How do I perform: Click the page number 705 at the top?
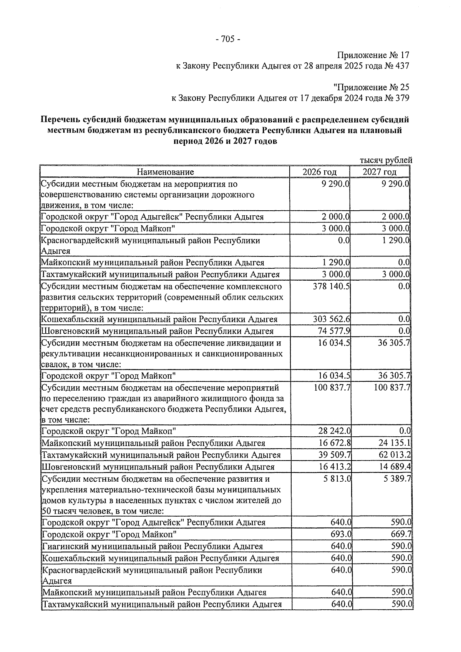[228, 39]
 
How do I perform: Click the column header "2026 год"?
[319, 172]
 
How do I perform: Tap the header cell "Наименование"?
[166, 172]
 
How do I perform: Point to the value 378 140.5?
[331, 286]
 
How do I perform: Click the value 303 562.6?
[331, 319]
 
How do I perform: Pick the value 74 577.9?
[333, 331]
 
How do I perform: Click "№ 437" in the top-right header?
[396, 66]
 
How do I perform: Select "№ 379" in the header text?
[396, 98]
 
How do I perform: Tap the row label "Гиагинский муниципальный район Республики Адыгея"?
[152, 547]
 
